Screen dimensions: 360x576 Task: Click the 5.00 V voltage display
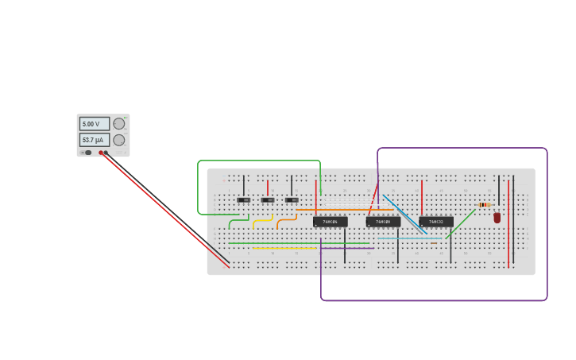tap(94, 124)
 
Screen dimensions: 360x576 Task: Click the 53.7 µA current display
tap(94, 140)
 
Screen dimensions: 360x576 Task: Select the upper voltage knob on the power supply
tap(119, 123)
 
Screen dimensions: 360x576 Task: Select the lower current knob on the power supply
tap(119, 140)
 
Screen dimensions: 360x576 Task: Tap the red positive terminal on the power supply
tap(101, 153)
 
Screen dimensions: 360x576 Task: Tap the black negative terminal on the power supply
tap(106, 153)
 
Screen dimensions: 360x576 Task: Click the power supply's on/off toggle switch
tap(87, 153)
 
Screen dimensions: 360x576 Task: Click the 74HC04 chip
tap(330, 222)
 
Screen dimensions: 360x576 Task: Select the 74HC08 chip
tap(383, 222)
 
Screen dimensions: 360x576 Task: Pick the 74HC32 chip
tap(436, 222)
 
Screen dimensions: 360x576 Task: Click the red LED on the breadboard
tap(497, 217)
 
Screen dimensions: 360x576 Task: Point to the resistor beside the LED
tap(484, 205)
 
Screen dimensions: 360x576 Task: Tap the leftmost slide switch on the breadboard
tap(243, 199)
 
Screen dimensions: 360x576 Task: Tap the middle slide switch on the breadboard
tap(268, 199)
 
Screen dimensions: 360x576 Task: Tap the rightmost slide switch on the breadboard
tap(292, 199)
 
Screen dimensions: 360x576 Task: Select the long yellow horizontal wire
tap(284, 248)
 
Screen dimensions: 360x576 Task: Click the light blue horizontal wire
tap(409, 238)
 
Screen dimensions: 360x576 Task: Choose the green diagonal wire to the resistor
tap(461, 223)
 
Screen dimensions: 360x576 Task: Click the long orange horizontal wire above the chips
tap(346, 210)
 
